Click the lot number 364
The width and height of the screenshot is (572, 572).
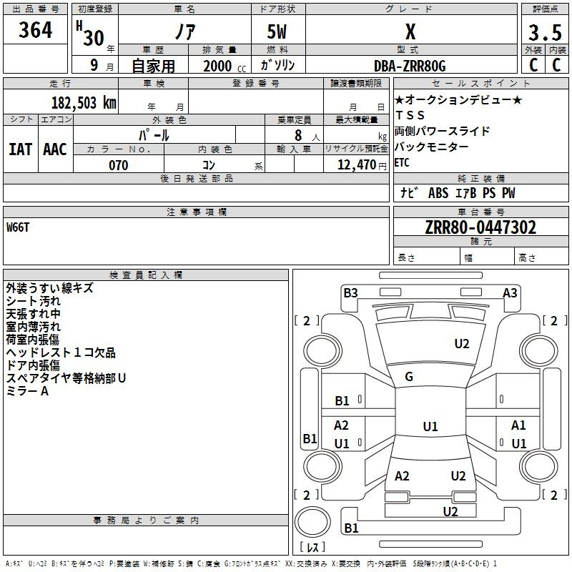click(36, 31)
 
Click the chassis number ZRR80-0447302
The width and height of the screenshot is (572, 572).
click(480, 228)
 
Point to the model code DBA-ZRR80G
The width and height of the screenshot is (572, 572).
click(410, 66)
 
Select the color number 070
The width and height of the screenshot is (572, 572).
click(118, 165)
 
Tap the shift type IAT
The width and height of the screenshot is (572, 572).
click(20, 149)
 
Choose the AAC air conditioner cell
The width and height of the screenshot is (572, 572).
click(55, 149)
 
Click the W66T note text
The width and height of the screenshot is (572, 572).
click(19, 227)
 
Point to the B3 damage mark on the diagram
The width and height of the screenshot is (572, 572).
click(350, 292)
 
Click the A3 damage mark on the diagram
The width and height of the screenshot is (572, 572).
click(510, 292)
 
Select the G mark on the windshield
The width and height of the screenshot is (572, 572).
click(409, 377)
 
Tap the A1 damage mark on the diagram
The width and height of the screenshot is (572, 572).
click(518, 425)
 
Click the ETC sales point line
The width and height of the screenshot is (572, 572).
click(403, 162)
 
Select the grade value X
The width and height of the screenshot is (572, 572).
click(410, 32)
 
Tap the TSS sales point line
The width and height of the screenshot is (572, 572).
click(410, 115)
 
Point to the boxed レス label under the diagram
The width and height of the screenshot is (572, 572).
click(315, 548)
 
